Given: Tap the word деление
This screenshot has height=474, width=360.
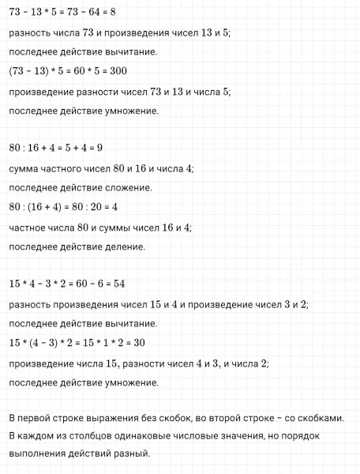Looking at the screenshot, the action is pyautogui.click(x=126, y=246).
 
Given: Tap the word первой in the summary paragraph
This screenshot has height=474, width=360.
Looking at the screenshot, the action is pyautogui.click(x=35, y=417).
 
